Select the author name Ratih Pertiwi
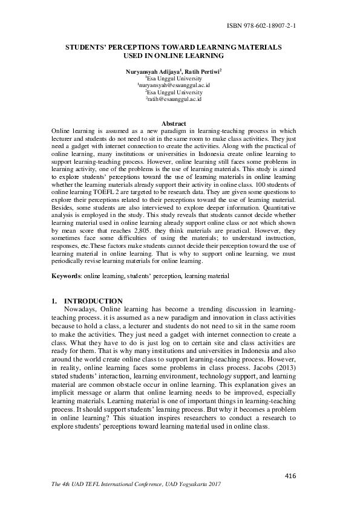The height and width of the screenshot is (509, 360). (201, 71)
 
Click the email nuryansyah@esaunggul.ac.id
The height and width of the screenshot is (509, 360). (174, 86)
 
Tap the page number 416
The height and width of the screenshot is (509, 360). (290, 476)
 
